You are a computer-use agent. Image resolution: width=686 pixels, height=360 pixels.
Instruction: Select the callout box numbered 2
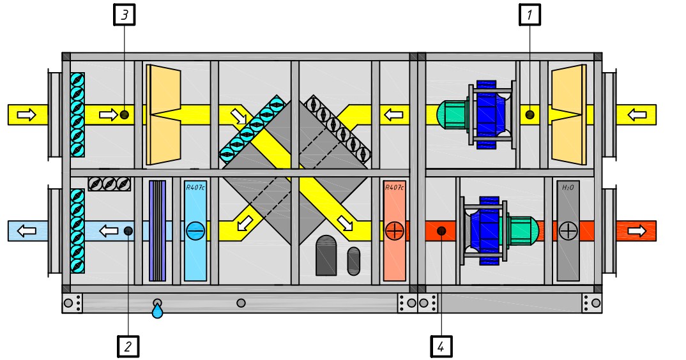pos(128,347)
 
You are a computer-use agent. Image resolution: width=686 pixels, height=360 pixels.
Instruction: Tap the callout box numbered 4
pos(441,347)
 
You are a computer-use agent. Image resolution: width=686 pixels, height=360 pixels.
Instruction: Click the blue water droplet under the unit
pos(157,311)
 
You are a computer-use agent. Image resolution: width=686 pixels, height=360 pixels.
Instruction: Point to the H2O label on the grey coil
pos(568,188)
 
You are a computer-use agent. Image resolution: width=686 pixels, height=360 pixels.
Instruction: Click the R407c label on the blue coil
pos(195,188)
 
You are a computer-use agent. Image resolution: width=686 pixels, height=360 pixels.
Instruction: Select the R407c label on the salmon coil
pos(394,188)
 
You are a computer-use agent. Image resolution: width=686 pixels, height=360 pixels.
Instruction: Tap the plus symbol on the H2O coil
pos(568,231)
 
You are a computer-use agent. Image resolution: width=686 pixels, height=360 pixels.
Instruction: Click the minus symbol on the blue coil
pos(195,231)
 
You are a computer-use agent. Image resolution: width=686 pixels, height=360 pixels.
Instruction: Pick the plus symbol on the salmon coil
pos(395,231)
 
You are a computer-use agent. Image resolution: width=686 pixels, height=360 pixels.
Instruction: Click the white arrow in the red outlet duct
pos(636,231)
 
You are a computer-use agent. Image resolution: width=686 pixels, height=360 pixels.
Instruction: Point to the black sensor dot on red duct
pos(441,231)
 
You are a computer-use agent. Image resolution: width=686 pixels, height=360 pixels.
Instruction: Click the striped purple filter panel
pos(157,231)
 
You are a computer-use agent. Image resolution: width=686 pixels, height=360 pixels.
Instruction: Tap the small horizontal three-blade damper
pos(109,184)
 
